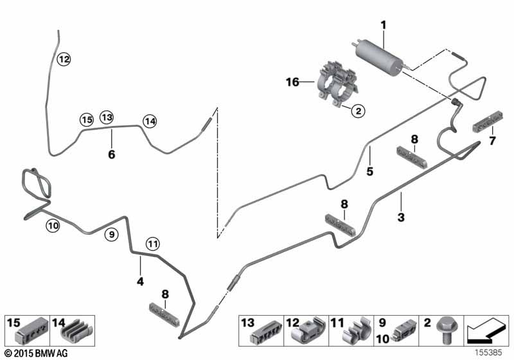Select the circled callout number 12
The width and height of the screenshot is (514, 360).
pyautogui.click(x=63, y=60)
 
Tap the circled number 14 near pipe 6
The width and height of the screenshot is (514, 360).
pyautogui.click(x=150, y=120)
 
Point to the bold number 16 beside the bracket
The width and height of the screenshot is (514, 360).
pyautogui.click(x=292, y=82)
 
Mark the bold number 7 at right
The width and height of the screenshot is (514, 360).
pyautogui.click(x=493, y=140)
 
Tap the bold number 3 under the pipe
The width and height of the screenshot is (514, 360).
pyautogui.click(x=401, y=217)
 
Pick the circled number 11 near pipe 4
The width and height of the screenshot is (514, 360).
pyautogui.click(x=152, y=243)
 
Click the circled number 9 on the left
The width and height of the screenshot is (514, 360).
pyautogui.click(x=111, y=235)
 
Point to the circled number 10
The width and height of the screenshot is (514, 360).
pyautogui.click(x=52, y=224)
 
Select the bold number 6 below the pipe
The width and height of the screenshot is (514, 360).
pyautogui.click(x=111, y=154)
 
